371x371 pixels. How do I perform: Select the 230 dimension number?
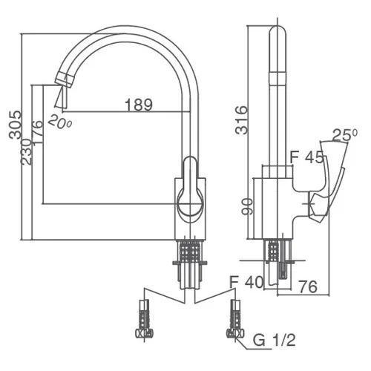click(x=26, y=152)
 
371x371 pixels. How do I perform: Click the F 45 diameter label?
click(x=306, y=158)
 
